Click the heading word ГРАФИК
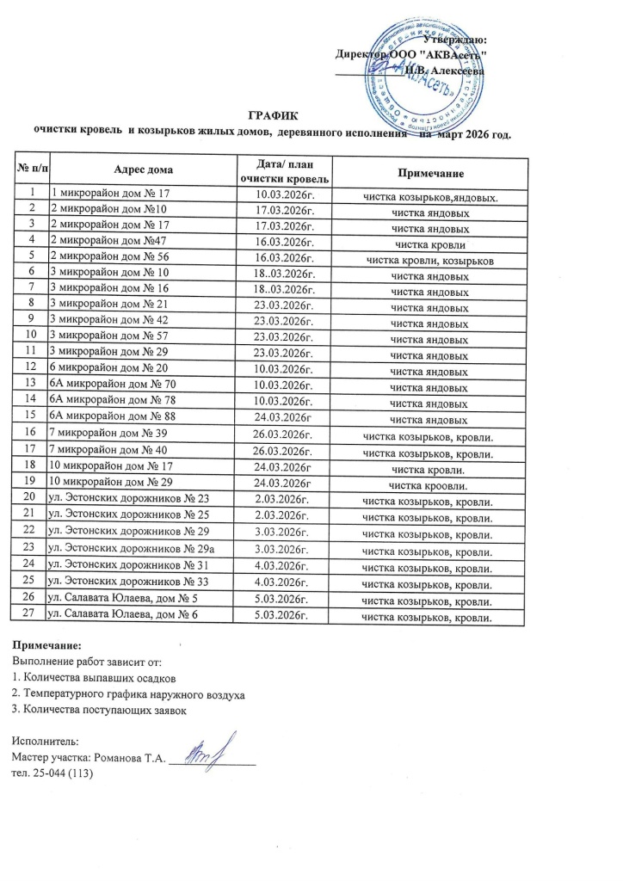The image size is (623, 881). [x=271, y=115]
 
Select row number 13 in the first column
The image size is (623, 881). [x=30, y=388]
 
